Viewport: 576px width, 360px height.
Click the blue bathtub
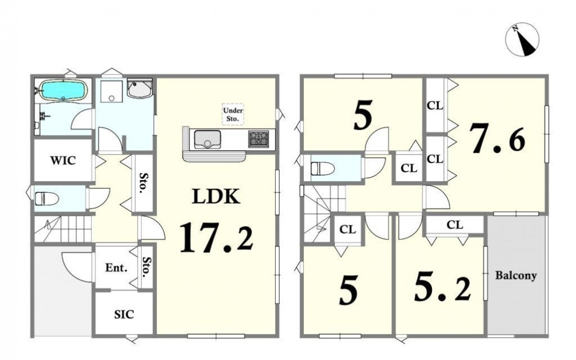pyautogui.click(x=63, y=90)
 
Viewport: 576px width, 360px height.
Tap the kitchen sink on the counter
pyautogui.click(x=207, y=139)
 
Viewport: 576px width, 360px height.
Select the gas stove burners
pyautogui.click(x=259, y=139)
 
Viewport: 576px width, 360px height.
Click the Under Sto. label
pyautogui.click(x=233, y=115)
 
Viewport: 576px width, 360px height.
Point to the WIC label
pyautogui.click(x=63, y=160)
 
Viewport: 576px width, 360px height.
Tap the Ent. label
pyautogui.click(x=116, y=267)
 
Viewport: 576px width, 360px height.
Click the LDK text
pyautogui.click(x=216, y=196)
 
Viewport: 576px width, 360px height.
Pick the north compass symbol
pyautogui.click(x=522, y=39)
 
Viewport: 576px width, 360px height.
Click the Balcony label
pyautogui.click(x=516, y=275)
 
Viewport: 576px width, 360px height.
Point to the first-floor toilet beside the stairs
pyautogui.click(x=47, y=199)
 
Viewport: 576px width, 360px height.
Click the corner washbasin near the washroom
pyautogui.click(x=139, y=89)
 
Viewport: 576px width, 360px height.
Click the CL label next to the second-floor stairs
pyautogui.click(x=347, y=229)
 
